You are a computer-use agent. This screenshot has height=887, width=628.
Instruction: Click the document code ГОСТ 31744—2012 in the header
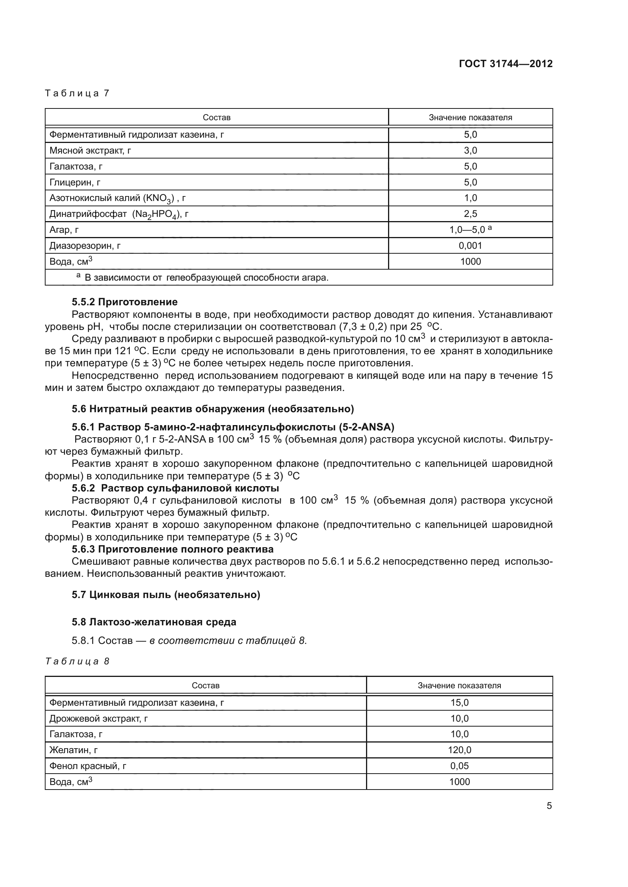pyautogui.click(x=505, y=64)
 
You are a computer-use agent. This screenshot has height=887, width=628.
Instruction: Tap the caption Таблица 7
pyautogui.click(x=77, y=93)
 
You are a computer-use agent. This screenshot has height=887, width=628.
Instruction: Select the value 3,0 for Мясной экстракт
pyautogui.click(x=470, y=151)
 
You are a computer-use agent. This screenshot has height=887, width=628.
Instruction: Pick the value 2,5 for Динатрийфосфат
pyautogui.click(x=470, y=214)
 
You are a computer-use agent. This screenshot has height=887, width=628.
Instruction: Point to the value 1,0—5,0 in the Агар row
pyautogui.click(x=467, y=230)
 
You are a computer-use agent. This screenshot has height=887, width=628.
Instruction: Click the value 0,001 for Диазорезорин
pyautogui.click(x=470, y=246)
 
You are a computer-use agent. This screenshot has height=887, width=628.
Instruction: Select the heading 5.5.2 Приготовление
pyautogui.click(x=125, y=302)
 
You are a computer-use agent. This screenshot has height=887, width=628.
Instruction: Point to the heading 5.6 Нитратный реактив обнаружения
pyautogui.click(x=213, y=408)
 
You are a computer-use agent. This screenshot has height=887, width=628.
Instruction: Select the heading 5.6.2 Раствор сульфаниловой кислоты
pyautogui.click(x=175, y=488)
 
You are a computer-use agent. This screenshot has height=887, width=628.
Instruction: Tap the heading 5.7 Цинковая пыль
pyautogui.click(x=166, y=595)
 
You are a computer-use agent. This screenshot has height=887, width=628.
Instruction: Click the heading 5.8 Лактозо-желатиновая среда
pyautogui.click(x=154, y=622)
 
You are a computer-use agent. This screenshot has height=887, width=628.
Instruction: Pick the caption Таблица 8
pyautogui.click(x=77, y=661)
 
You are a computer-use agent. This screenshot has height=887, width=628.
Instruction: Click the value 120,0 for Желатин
pyautogui.click(x=459, y=750)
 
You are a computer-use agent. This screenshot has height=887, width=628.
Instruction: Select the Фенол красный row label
pyautogui.click(x=88, y=766)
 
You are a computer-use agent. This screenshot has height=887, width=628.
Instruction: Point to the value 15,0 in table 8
pyautogui.click(x=459, y=702)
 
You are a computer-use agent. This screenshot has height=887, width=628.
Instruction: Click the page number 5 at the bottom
pyautogui.click(x=549, y=806)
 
